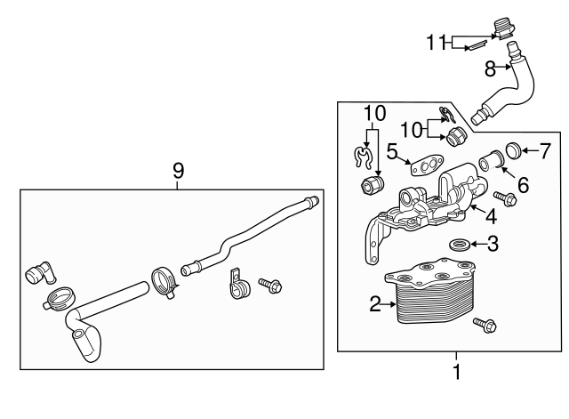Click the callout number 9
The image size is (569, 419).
pyautogui.click(x=178, y=171)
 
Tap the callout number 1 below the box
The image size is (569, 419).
pyautogui.click(x=456, y=372)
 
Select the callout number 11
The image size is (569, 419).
pyautogui.click(x=436, y=42)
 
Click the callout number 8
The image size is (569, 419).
pyautogui.click(x=490, y=68)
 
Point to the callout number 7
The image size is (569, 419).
pyautogui.click(x=545, y=151)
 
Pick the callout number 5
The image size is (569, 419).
pyautogui.click(x=392, y=151)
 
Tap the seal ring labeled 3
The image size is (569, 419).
pyautogui.click(x=461, y=245)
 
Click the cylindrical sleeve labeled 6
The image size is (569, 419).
pyautogui.click(x=492, y=160)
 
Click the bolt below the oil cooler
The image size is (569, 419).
pyautogui.click(x=485, y=325)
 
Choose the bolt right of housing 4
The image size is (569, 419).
pyautogui.click(x=506, y=198)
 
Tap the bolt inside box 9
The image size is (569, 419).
pyautogui.click(x=270, y=286)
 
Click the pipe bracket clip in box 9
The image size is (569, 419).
pyautogui.click(x=239, y=284)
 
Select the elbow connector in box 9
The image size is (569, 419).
pyautogui.click(x=40, y=272)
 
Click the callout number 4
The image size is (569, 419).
pyautogui.click(x=491, y=217)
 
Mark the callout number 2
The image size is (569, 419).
pyautogui.click(x=375, y=304)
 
